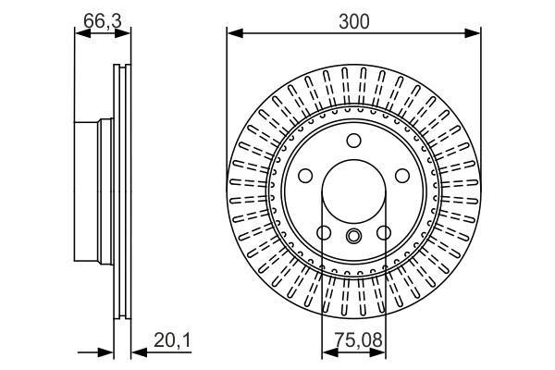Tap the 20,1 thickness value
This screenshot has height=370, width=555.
point(172,342)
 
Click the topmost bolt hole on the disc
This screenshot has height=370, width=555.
point(353,141)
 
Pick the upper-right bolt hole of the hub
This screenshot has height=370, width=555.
point(401,176)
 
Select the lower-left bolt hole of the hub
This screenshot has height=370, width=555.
point(324,233)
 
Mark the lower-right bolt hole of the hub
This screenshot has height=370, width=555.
point(383,233)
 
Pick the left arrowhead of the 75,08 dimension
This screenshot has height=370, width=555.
point(327,351)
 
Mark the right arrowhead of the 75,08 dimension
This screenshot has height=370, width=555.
point(380,351)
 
